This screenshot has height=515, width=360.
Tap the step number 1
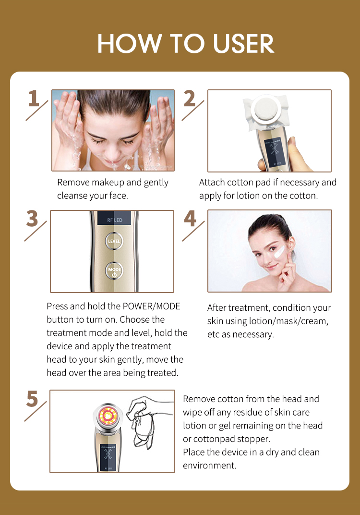33,99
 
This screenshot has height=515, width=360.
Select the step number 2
190,99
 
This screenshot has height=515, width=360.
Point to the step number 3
32,219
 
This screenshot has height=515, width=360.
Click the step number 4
190,219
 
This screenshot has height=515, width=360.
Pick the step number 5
32,399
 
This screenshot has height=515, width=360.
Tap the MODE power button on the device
114,270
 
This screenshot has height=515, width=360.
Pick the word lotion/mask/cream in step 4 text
291,321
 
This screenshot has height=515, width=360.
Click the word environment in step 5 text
209,466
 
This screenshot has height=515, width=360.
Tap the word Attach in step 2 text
212,183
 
